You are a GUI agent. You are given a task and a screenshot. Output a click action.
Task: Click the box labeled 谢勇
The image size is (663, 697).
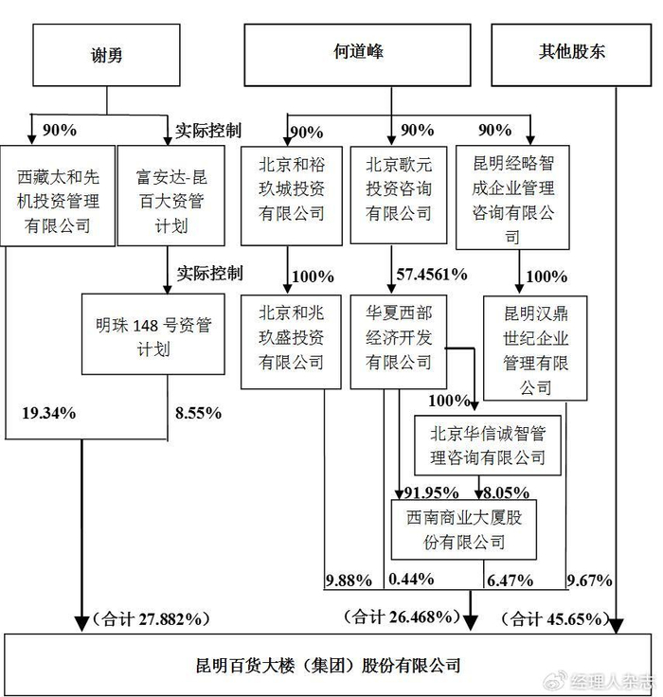[106, 55]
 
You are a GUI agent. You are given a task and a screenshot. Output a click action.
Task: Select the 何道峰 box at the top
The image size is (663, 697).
[357, 55]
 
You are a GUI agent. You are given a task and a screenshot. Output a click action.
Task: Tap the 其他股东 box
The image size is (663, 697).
[571, 55]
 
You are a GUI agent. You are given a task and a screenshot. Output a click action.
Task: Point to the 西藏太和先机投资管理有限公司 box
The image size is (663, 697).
[58, 196]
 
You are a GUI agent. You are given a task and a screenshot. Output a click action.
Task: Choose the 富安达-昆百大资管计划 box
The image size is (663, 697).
[170, 196]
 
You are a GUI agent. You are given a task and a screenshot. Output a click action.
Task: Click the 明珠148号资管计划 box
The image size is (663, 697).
[153, 334]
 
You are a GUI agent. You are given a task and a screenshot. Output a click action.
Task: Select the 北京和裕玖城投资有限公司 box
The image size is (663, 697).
[292, 196]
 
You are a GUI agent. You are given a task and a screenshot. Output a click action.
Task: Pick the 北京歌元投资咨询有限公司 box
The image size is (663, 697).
[399, 195]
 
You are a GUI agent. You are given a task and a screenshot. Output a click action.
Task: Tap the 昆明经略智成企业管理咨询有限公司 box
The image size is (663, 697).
[512, 197]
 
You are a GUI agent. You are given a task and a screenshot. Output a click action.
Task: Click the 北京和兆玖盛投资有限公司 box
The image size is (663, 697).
[292, 342]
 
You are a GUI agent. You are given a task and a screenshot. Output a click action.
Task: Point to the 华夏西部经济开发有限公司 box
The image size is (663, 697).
[399, 342]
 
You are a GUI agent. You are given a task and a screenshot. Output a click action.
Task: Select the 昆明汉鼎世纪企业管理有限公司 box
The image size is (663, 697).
[535, 348]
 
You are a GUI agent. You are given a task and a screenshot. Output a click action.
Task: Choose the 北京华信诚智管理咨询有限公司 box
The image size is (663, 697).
[488, 445]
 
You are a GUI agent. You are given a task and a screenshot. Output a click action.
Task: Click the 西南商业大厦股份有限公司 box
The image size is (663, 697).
[464, 529]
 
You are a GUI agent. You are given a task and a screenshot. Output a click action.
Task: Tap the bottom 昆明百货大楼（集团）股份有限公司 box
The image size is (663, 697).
[328, 665]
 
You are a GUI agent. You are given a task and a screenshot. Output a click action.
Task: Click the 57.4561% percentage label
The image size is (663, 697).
[432, 275]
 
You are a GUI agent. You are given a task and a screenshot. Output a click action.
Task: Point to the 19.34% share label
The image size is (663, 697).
[49, 414]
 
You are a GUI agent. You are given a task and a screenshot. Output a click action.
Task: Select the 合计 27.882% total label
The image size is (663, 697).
[151, 618]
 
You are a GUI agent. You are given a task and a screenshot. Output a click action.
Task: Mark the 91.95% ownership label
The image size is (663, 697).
[431, 492]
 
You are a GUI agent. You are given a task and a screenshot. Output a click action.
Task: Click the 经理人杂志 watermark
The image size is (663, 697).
[612, 681]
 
